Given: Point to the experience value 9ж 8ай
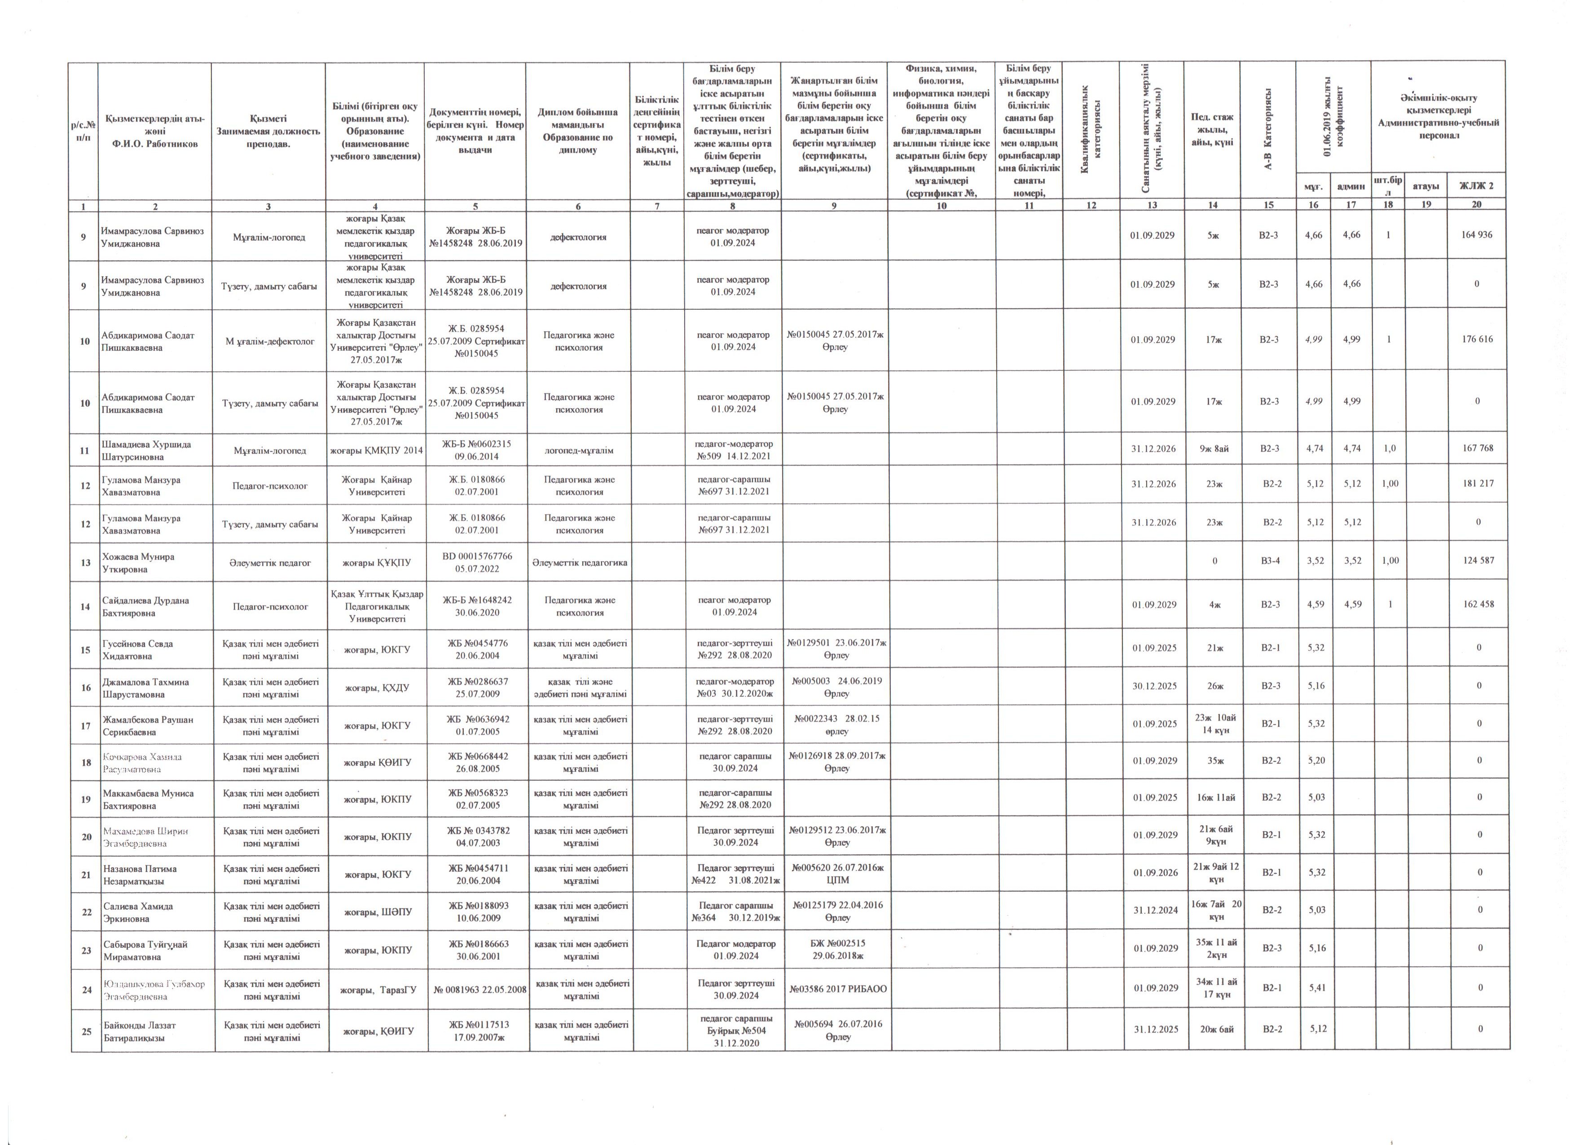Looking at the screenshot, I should pos(1214,449).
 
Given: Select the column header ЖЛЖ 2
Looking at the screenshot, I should pos(1476,185).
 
